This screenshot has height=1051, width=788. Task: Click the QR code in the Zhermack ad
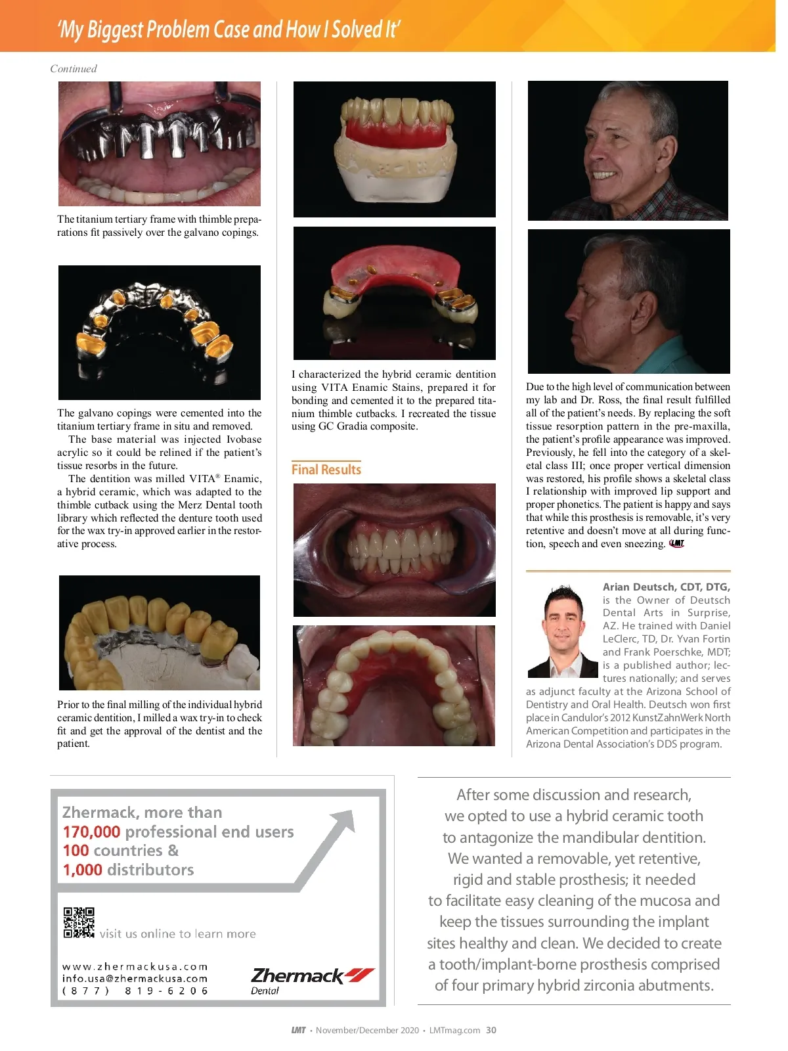coord(79,922)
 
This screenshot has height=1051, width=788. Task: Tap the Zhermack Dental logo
coord(312,980)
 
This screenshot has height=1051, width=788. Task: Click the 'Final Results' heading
coord(326,470)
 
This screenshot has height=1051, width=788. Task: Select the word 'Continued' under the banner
coord(74,69)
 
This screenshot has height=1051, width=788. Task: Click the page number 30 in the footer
coord(491,1030)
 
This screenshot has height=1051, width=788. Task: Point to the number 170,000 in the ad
coord(91,832)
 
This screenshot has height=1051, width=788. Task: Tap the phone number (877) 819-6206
coord(135,991)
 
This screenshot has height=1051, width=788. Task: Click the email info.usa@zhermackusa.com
coord(135,979)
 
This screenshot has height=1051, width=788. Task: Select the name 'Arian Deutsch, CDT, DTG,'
coord(666,587)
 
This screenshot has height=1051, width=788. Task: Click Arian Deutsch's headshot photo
coord(563,631)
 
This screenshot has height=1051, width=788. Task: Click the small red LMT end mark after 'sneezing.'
coord(676,543)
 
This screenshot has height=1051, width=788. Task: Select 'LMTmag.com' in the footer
coord(454,1030)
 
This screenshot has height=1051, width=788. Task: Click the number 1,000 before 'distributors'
coord(82,870)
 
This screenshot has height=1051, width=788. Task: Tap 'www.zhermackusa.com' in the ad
coord(135,967)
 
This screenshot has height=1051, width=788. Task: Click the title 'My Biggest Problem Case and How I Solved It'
coord(229,30)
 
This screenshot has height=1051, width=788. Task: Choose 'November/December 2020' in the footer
coord(367,1030)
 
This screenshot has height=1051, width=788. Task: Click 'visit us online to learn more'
coord(177,933)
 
